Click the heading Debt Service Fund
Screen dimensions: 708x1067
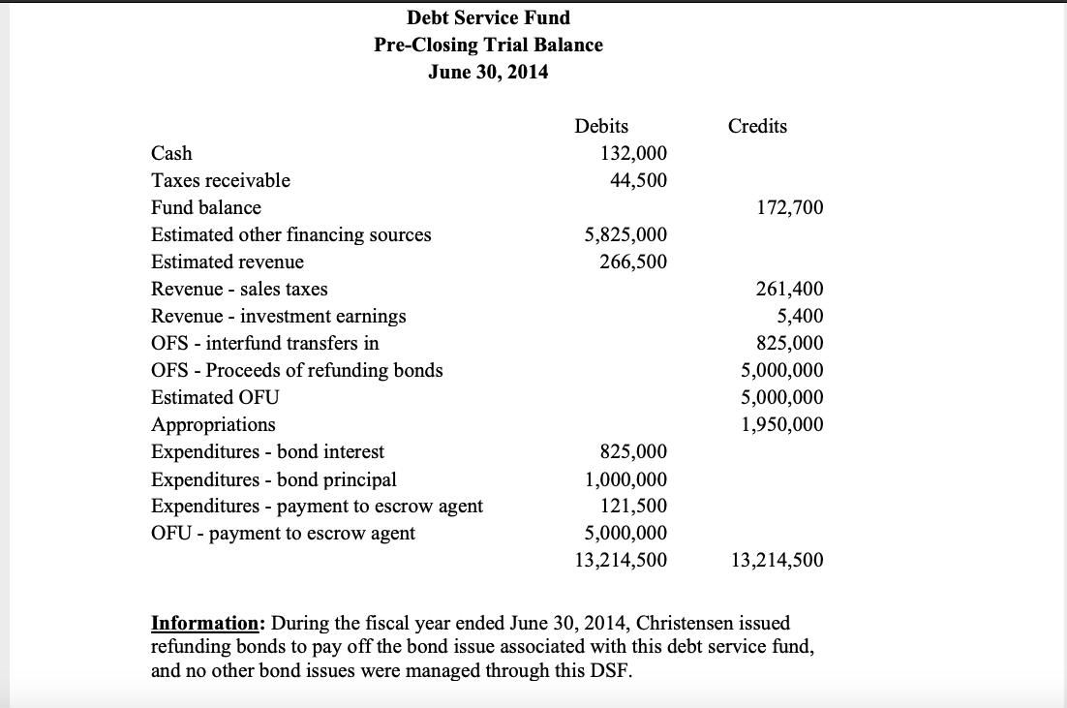click(488, 17)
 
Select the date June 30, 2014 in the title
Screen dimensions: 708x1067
click(488, 72)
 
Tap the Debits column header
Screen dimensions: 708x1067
click(601, 126)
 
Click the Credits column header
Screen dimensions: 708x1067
click(757, 126)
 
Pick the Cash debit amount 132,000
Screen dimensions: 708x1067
click(633, 153)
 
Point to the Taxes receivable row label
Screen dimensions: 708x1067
click(221, 180)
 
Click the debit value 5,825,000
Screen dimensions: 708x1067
click(625, 234)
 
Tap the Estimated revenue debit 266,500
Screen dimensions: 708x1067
click(633, 262)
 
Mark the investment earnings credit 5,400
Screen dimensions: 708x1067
click(801, 316)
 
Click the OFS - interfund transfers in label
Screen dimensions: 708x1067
click(265, 343)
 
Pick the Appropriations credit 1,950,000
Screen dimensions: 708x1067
click(782, 424)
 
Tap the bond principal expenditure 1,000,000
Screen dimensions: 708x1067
click(625, 478)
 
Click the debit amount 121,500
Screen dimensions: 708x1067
click(633, 506)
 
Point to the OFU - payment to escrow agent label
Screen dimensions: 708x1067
click(283, 533)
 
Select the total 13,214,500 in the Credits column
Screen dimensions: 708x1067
click(777, 560)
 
